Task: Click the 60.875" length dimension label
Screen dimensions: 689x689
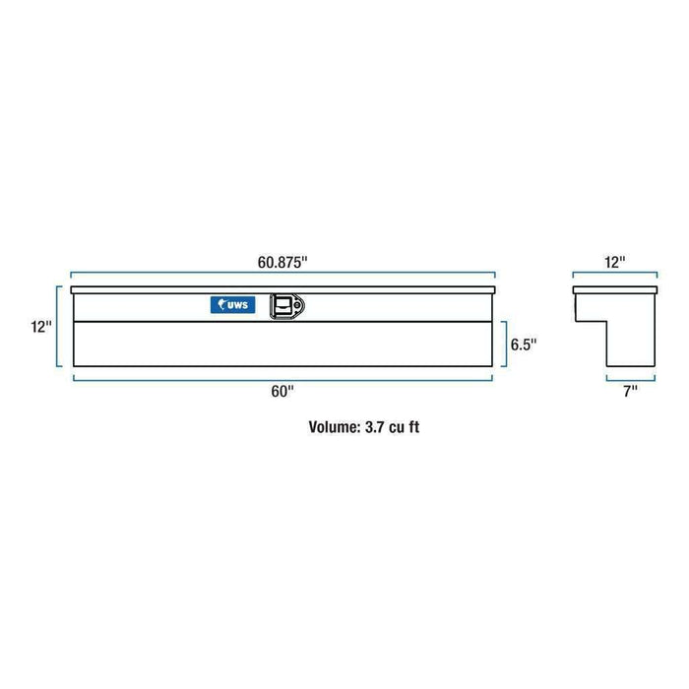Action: click(282, 263)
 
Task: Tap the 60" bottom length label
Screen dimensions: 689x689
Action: click(282, 392)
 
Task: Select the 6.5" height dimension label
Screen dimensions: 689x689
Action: click(523, 345)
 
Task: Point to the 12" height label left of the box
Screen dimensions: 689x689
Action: click(40, 327)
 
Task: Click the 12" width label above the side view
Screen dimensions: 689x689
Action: click(615, 263)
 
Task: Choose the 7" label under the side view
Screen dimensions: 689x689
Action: click(629, 392)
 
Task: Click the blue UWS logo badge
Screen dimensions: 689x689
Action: click(232, 305)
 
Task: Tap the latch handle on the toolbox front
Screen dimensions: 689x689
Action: click(287, 306)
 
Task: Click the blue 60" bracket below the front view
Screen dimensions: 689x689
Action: click(282, 377)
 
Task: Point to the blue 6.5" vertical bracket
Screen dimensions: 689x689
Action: click(503, 344)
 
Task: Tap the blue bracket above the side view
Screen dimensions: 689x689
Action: click(615, 277)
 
